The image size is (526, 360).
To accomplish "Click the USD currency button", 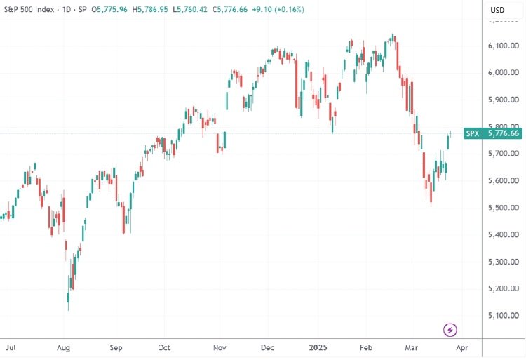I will click(x=497, y=10).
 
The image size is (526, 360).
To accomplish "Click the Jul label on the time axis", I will click(x=10, y=347).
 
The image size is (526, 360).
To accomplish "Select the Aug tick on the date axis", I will click(x=63, y=347).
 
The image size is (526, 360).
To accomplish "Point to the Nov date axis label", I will click(x=220, y=347).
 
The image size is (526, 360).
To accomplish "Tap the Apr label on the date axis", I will click(x=462, y=347).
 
